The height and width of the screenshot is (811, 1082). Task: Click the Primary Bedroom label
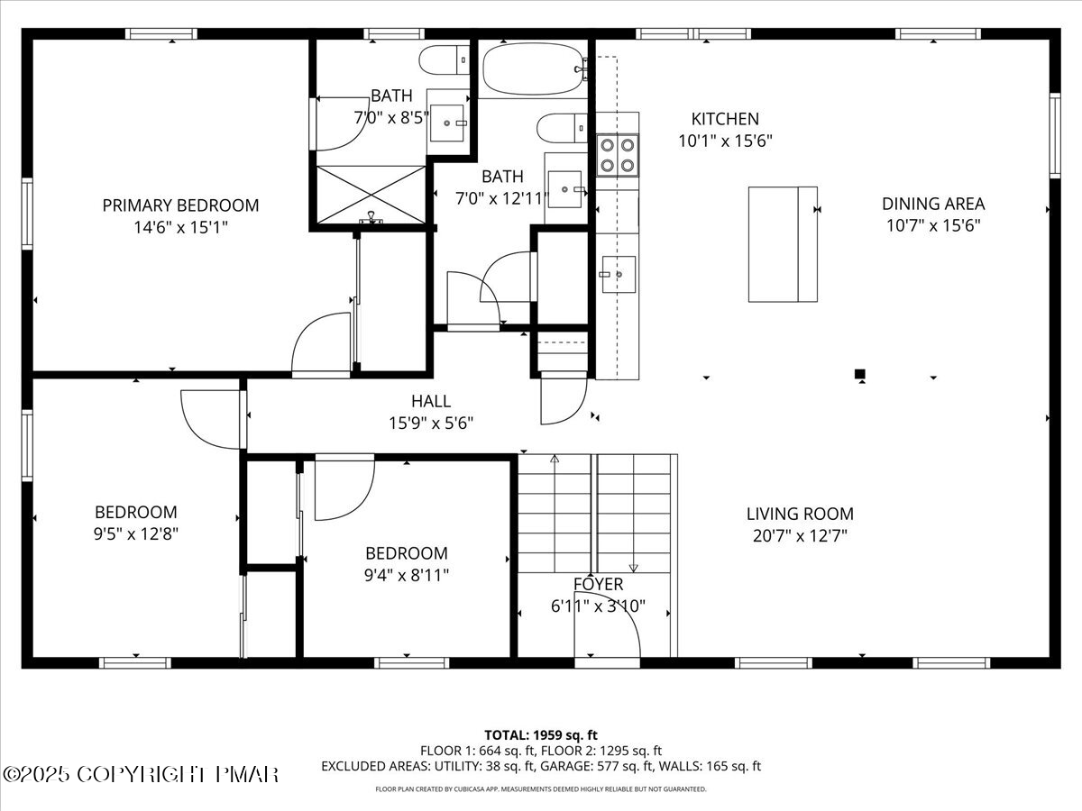(180, 205)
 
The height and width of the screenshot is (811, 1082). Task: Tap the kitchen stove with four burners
(617, 155)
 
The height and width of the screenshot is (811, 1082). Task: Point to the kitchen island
(783, 244)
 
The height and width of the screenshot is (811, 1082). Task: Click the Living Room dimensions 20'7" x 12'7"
(800, 535)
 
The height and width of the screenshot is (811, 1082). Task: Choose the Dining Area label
(933, 204)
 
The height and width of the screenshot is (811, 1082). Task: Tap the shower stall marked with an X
(371, 195)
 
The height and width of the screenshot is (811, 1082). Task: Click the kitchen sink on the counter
(619, 274)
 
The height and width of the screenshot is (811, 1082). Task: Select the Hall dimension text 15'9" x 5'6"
(431, 423)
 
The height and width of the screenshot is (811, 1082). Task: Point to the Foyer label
(598, 584)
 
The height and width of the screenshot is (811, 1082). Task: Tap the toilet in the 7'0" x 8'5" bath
(445, 60)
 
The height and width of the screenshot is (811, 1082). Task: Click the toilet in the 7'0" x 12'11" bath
(562, 128)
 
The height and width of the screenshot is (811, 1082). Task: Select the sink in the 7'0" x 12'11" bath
(565, 189)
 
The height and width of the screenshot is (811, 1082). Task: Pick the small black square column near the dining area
(860, 374)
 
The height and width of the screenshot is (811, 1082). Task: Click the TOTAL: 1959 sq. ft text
(541, 735)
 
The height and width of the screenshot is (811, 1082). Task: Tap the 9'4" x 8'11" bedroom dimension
(406, 575)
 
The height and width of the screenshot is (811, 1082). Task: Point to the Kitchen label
(725, 119)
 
